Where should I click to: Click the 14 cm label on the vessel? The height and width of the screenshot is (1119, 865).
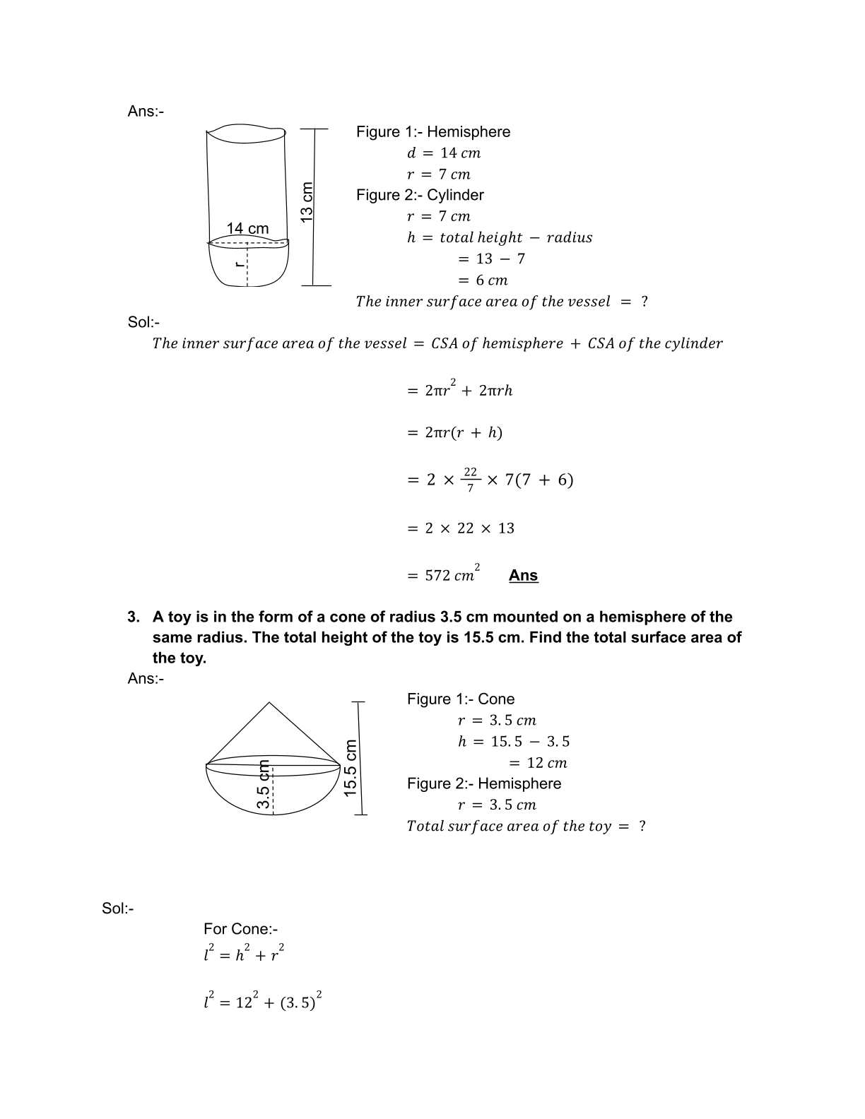point(247,228)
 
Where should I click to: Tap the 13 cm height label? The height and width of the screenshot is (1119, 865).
point(307,202)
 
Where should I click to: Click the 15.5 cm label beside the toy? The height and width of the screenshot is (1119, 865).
point(351,769)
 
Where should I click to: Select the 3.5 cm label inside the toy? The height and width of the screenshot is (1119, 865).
point(264,785)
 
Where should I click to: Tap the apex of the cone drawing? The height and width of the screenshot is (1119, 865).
point(269,702)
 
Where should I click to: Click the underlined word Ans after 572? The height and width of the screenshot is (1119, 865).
point(523,575)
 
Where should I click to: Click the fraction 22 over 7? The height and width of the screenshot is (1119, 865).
point(471,479)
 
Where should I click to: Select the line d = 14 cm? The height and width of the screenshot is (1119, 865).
point(444,153)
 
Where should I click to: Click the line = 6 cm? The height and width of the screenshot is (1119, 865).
point(483,280)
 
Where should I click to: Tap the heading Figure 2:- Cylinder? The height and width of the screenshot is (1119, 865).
point(420,195)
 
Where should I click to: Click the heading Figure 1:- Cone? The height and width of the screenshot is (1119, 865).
point(460,699)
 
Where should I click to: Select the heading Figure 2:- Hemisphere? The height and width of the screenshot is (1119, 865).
point(483,783)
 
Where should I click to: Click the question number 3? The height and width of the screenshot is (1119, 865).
point(133,617)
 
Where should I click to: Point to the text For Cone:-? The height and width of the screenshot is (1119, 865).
point(240,929)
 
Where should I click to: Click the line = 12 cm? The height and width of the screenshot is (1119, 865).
point(538,762)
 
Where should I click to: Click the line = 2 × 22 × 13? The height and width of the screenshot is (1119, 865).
point(461,528)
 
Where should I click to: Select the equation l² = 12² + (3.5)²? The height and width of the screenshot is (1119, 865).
point(262,1001)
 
